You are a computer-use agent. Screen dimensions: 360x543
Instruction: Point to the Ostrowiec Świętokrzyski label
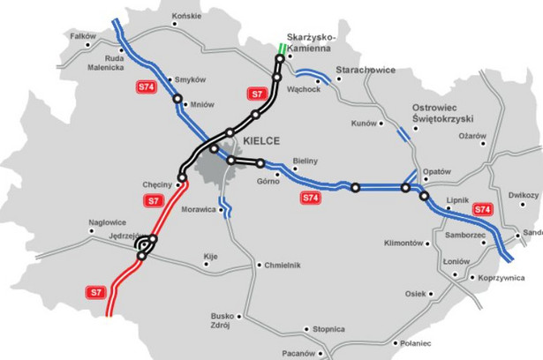tap(443, 113)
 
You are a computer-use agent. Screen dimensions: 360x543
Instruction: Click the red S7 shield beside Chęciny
tap(155, 201)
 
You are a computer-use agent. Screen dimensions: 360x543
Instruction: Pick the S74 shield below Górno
tap(311, 199)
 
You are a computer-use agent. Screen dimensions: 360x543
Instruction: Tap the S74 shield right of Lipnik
tap(482, 209)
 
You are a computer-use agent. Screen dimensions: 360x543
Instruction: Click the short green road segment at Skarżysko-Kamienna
tap(282, 49)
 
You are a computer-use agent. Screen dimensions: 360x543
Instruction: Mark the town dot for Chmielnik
tap(258, 265)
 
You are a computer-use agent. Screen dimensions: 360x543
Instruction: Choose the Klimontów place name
tap(405, 243)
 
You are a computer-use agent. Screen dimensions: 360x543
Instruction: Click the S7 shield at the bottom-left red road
tap(96, 291)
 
